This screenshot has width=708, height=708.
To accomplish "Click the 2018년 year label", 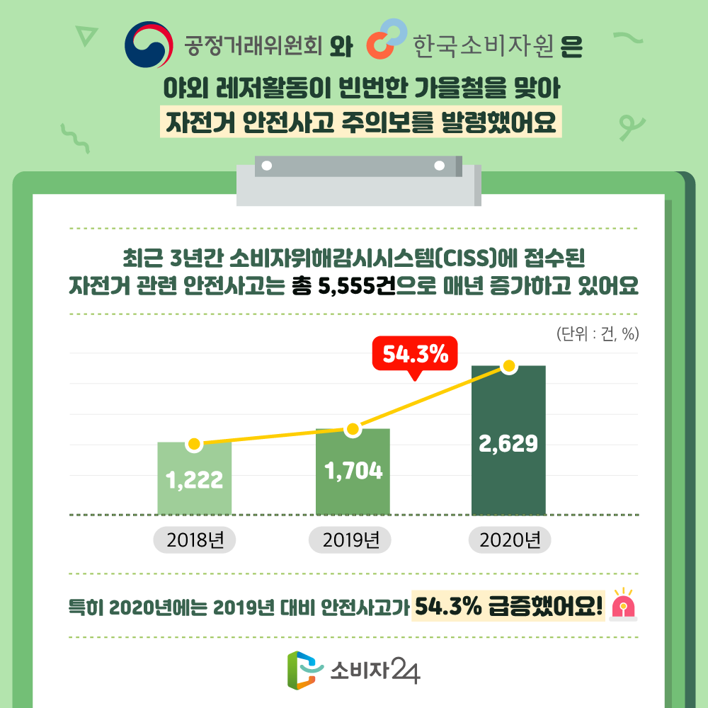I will coord(195,541).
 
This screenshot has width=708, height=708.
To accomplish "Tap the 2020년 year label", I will coord(510,541).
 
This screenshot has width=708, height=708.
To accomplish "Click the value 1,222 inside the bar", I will coord(195,481).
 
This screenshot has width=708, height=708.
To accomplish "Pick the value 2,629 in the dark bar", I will coord(508,443).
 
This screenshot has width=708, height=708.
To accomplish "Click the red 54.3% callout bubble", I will coord(416,355).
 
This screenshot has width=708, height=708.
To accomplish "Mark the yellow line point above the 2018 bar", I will coord(194,445).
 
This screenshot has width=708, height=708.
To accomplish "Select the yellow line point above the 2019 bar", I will coord(353,429).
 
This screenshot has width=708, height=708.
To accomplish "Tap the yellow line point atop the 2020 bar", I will coord(508,366).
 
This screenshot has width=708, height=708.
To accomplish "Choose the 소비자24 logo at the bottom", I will coord(353,669).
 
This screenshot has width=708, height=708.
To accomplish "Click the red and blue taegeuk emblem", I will coord(149,44).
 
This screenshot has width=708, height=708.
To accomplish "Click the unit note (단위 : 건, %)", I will coord(598,333).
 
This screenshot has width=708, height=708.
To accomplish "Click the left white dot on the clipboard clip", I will coord(267,166).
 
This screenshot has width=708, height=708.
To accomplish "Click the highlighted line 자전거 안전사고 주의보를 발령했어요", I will coord(360,122).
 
